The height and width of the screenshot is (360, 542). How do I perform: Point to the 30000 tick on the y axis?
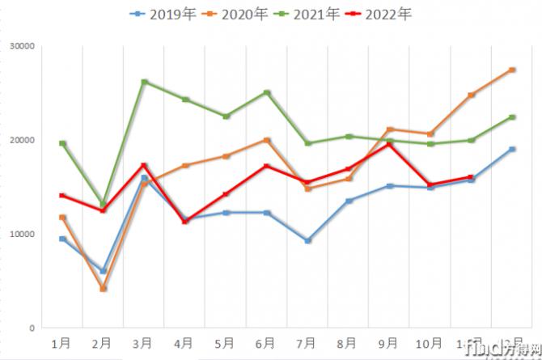[23, 46]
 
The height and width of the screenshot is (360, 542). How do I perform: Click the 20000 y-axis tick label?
[23, 140]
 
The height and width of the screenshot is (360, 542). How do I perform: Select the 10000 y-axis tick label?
[23, 234]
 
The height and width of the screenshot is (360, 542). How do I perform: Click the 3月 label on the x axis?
[144, 344]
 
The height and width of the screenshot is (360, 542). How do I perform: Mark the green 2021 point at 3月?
[144, 82]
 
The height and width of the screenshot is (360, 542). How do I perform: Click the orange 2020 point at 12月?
[513, 70]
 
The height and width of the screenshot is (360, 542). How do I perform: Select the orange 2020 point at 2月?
[104, 289]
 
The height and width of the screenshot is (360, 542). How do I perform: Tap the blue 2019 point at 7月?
[308, 240]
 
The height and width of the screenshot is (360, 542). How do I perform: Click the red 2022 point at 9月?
[390, 144]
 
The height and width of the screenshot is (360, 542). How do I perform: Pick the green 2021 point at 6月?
[267, 92]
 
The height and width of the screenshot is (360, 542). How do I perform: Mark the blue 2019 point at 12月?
[513, 149]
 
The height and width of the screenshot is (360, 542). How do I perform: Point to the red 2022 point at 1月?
[62, 195]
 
